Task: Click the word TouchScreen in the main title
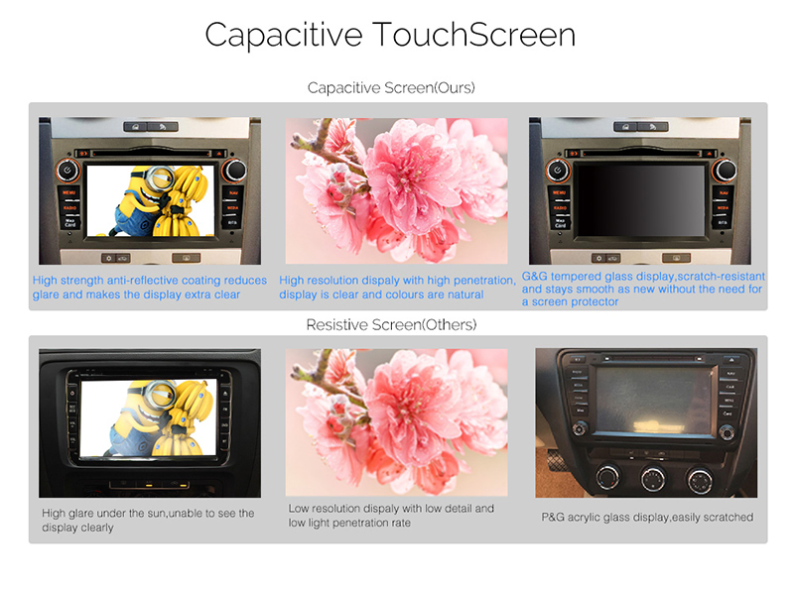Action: [x=474, y=35]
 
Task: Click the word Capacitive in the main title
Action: [x=284, y=36]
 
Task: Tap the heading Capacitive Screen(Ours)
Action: [x=391, y=87]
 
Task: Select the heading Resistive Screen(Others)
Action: [x=391, y=324]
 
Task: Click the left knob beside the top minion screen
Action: [x=67, y=171]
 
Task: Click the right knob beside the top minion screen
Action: [x=234, y=170]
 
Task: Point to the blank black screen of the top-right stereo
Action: [x=641, y=200]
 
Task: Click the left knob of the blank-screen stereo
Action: [x=557, y=171]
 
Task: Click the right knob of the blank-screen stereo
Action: [x=725, y=170]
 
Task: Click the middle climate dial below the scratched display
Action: [x=653, y=478]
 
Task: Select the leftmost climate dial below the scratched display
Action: [x=607, y=476]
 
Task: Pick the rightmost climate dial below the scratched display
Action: [x=700, y=480]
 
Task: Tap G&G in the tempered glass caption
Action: [x=535, y=277]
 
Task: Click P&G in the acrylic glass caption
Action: [x=553, y=518]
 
